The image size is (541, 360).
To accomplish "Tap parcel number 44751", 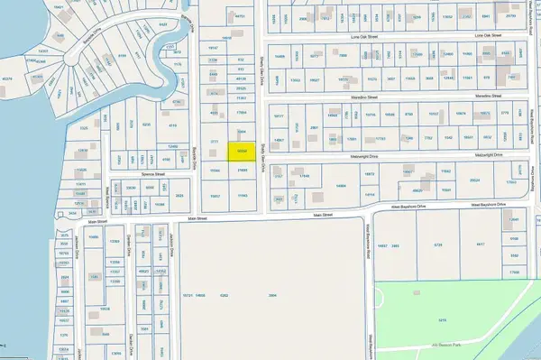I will click(x=240, y=17).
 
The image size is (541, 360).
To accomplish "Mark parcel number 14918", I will click(x=227, y=39).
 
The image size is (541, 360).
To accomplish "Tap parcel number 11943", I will click(x=241, y=196).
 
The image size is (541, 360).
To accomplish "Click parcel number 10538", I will click(x=390, y=115).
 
